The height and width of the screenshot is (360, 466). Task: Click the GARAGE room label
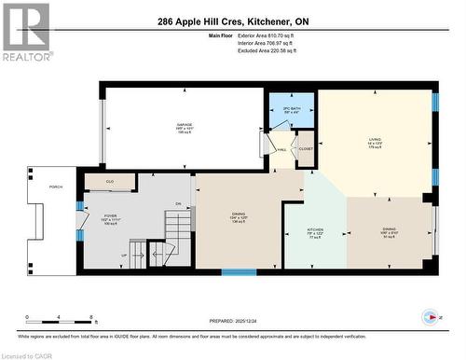185,123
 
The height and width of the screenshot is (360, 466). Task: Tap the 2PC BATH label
282,108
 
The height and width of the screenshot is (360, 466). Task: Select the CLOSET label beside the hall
305,147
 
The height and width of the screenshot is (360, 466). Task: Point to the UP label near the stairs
124,254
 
